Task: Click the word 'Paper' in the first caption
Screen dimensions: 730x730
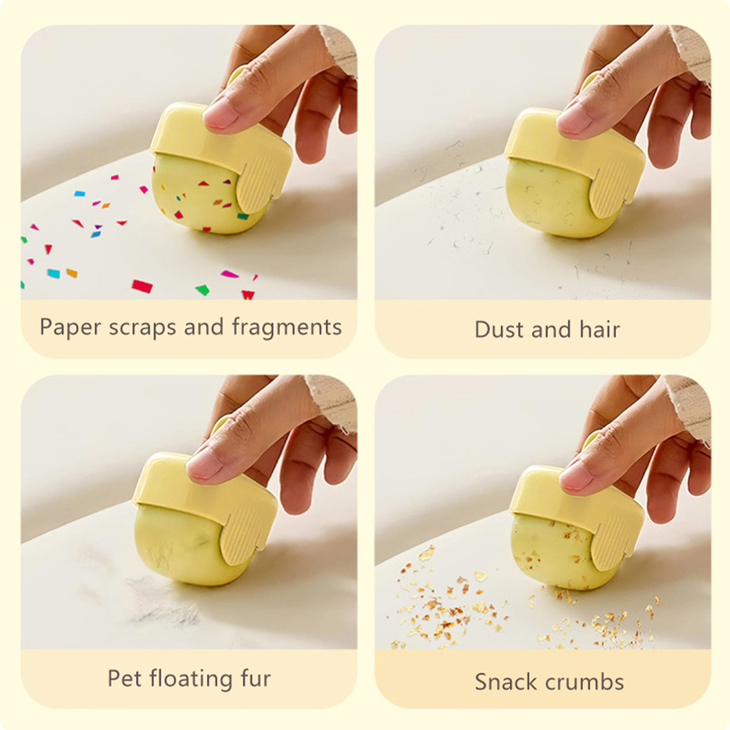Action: pyautogui.click(x=69, y=328)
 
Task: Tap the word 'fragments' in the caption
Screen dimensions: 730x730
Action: pyautogui.click(x=287, y=328)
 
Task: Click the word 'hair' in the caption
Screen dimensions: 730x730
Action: pyautogui.click(x=600, y=329)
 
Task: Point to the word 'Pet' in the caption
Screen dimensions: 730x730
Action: pyautogui.click(x=124, y=678)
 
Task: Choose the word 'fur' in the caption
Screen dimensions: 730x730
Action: pyautogui.click(x=255, y=678)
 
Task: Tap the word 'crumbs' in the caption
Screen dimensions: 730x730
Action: pyautogui.click(x=585, y=682)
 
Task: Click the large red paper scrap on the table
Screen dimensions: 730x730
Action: pyautogui.click(x=142, y=286)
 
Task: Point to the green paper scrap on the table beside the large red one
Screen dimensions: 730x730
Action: pyautogui.click(x=203, y=289)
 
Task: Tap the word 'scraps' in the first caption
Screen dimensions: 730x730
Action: pyautogui.click(x=142, y=328)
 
